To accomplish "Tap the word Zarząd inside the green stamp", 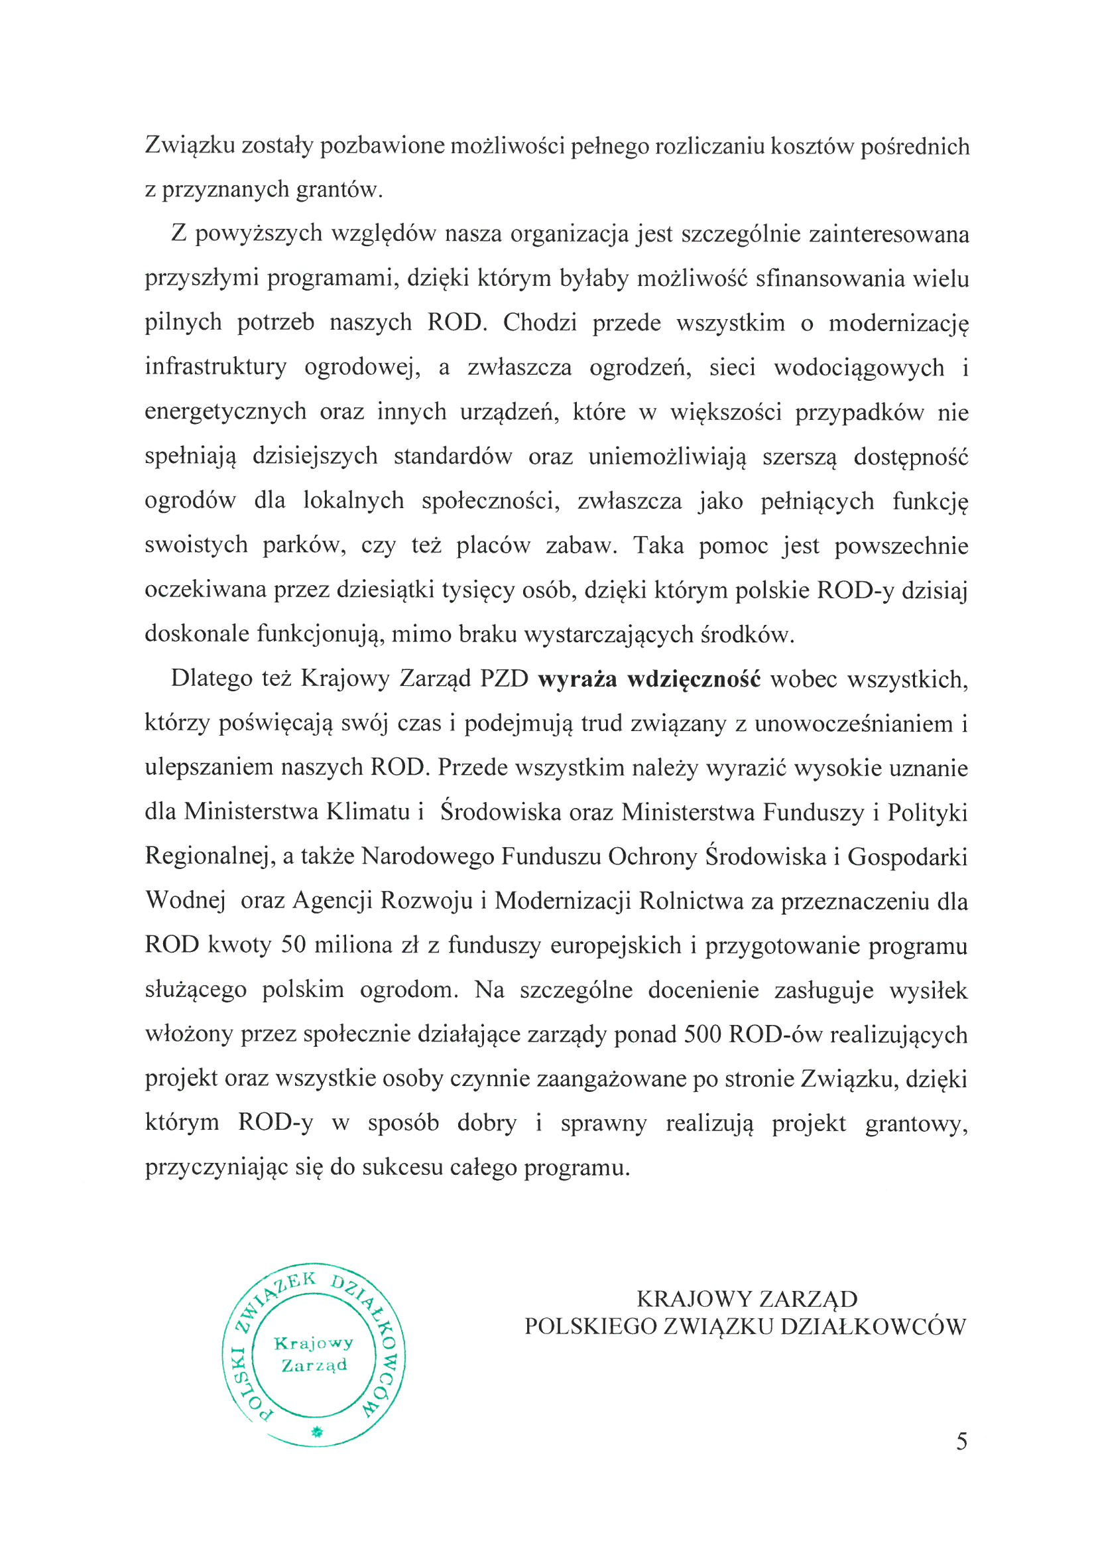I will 314,1366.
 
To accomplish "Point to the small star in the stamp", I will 316,1431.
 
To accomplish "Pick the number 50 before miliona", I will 294,945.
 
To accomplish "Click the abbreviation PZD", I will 504,678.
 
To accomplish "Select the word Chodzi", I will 540,322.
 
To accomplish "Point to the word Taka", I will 659,545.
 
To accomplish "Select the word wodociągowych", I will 859,367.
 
